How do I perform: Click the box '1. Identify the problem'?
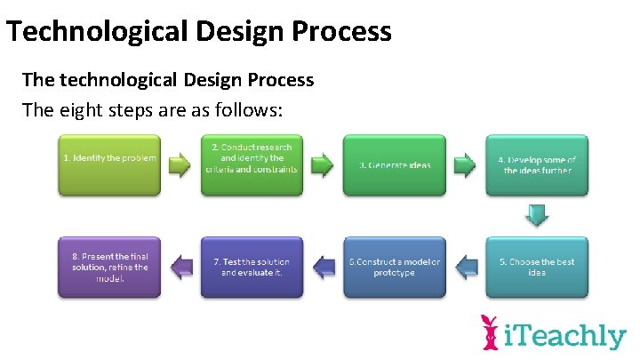[x=108, y=164]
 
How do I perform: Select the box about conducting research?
[x=252, y=164]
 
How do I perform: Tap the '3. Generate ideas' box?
[x=394, y=164]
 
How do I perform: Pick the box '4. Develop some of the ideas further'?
[x=536, y=164]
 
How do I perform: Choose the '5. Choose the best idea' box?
[x=536, y=267]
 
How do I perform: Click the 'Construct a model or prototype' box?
[x=394, y=267]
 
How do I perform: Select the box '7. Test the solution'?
[x=252, y=267]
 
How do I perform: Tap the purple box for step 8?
[x=108, y=267]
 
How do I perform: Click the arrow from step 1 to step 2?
[x=180, y=164]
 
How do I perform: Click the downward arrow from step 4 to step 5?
[x=536, y=216]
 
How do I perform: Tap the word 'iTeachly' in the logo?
[x=565, y=336]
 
